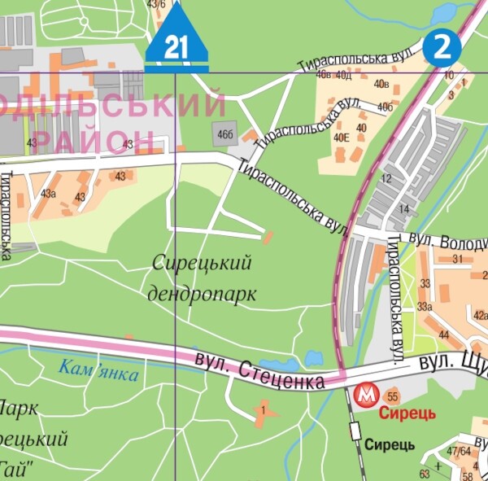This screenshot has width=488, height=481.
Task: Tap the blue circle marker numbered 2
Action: [442, 46]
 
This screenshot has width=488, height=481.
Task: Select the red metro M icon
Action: [366, 396]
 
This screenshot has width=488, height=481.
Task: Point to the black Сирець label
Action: [389, 444]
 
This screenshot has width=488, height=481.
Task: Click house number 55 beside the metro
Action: [392, 396]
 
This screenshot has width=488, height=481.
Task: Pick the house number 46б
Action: [224, 133]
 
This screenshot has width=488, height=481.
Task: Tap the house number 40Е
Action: [341, 138]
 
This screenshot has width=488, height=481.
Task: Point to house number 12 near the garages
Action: [386, 178]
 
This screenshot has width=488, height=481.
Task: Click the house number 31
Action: [458, 259]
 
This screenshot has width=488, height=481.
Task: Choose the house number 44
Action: [443, 335]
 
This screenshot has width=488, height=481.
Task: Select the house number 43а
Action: [48, 194]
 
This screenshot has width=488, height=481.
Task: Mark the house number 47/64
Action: [459, 451]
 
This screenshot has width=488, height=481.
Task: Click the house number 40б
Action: [385, 107]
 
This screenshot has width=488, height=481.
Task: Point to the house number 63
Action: [424, 474]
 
